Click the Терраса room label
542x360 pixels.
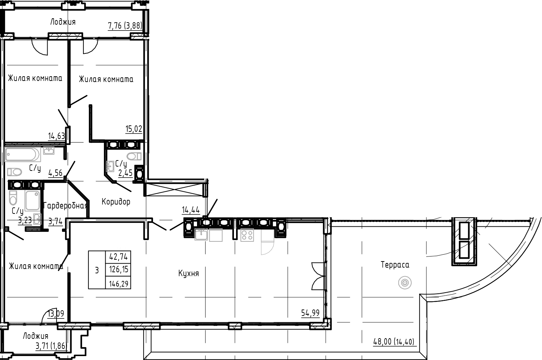click(x=395, y=265)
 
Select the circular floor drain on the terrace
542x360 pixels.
click(x=404, y=283)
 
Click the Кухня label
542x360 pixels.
click(x=188, y=274)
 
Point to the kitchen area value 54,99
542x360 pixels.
click(x=310, y=313)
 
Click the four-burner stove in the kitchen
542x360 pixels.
click(x=247, y=235)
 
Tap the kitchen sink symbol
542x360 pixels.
click(x=201, y=234)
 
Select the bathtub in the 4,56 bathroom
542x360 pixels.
click(x=22, y=155)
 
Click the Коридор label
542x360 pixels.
click(x=116, y=202)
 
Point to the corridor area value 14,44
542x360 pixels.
click(x=191, y=210)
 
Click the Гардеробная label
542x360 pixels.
click(x=65, y=206)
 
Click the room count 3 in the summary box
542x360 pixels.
click(x=97, y=270)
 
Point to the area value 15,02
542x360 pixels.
click(x=134, y=129)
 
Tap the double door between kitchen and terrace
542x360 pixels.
click(x=318, y=275)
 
